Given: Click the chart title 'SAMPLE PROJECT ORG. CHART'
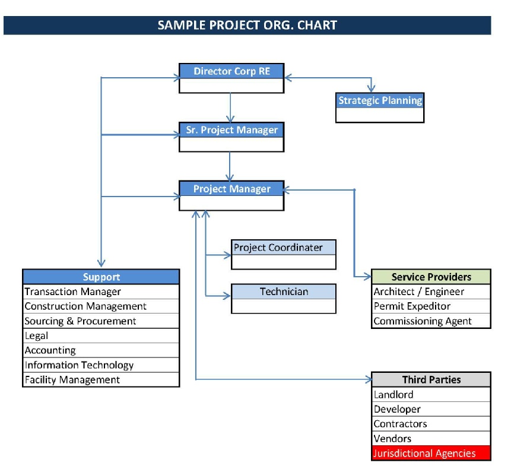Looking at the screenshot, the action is [x=247, y=25].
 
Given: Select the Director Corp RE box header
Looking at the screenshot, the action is [x=231, y=71].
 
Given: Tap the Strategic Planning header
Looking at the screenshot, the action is [x=380, y=100].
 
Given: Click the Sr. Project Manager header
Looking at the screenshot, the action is [x=231, y=130].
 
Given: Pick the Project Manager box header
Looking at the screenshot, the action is [x=231, y=189].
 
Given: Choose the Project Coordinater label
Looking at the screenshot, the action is [x=278, y=248].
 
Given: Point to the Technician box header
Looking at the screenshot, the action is [x=284, y=292].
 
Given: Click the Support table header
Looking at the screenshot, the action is [x=101, y=277].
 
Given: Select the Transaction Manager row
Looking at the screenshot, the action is [x=101, y=292].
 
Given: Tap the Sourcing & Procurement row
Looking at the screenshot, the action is [x=101, y=321].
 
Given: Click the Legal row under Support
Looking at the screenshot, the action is [x=101, y=336].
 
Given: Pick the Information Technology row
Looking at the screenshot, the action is [x=101, y=365].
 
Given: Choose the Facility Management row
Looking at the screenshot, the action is [x=101, y=380].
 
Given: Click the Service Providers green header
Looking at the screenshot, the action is [x=431, y=277].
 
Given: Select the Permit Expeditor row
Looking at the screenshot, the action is [x=431, y=306].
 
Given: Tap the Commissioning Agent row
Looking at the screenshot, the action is [x=431, y=321].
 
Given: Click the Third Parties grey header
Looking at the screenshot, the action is [x=431, y=380].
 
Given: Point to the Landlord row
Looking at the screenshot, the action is [x=431, y=394].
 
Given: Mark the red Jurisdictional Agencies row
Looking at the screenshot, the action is [x=431, y=453].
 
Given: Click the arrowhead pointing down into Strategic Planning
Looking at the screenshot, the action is [x=371, y=88].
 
